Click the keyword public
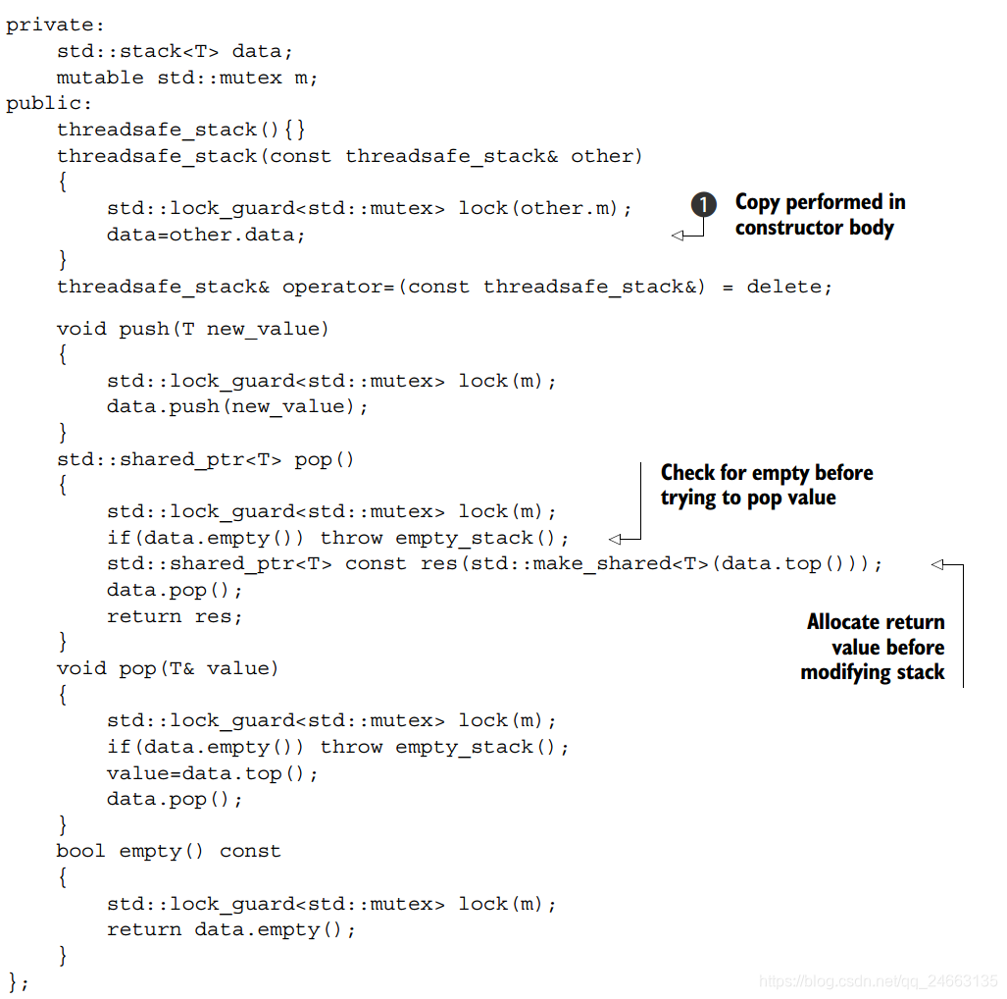point(45,103)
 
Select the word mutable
point(100,78)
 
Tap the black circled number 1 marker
point(703,204)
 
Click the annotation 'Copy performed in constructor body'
point(820,215)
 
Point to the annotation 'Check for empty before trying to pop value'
point(766,486)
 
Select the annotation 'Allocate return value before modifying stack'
point(874,647)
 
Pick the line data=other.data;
point(206,235)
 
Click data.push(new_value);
point(237,406)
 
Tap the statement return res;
point(175,616)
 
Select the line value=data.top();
point(213,773)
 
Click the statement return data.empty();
point(231,929)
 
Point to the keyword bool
point(81,851)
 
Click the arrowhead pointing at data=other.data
point(677,236)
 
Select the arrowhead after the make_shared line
point(936,564)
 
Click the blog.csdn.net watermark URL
point(879,981)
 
